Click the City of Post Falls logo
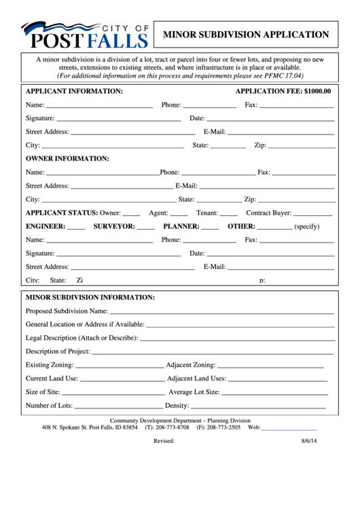tap(84, 35)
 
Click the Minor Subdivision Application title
tap(245, 34)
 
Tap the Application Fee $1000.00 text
tap(283, 91)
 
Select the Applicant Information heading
tap(74, 91)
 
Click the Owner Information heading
tap(67, 158)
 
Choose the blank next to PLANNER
tap(211, 227)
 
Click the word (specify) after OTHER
tap(306, 226)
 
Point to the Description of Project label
tap(58, 351)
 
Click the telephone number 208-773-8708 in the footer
tap(171, 427)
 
